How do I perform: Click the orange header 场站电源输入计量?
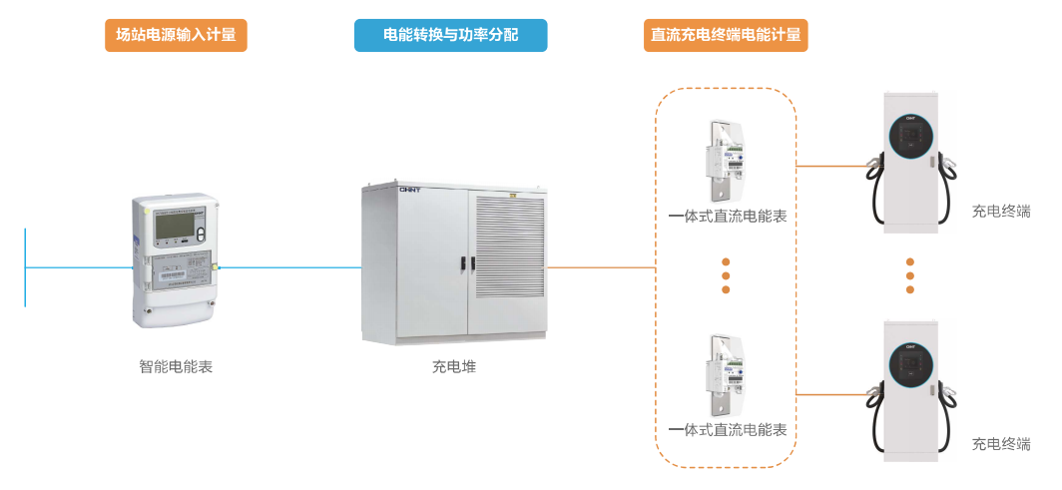coord(176,35)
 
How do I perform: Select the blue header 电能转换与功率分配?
coord(450,35)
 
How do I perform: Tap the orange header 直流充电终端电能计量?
coord(726,35)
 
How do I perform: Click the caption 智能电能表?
coord(176,366)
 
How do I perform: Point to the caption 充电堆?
coord(454,366)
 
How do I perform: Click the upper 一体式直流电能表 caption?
coord(727,216)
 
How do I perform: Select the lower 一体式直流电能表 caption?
coord(727,430)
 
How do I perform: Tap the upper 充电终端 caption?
coord(1000,211)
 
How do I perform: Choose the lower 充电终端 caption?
coord(1000,444)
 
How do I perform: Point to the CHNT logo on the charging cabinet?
coord(410,188)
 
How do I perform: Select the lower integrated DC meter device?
coord(726,376)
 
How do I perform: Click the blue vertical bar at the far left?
coord(25,267)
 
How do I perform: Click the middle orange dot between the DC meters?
coord(726,274)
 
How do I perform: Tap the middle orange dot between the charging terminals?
coord(910,274)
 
